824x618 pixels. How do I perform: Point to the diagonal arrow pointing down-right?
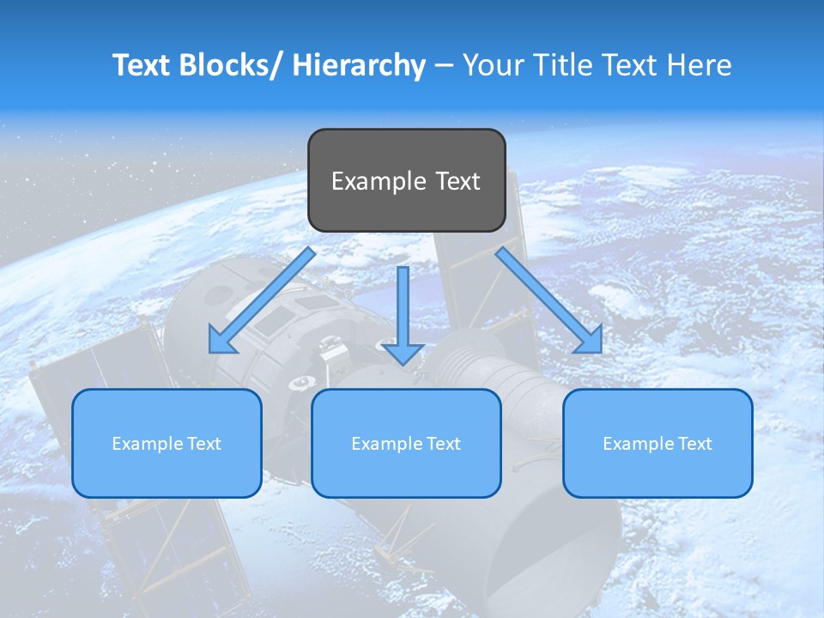(549, 300)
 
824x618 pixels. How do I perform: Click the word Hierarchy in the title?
(359, 65)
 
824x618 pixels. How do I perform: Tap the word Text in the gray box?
(457, 181)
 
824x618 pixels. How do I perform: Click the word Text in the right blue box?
(693, 444)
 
